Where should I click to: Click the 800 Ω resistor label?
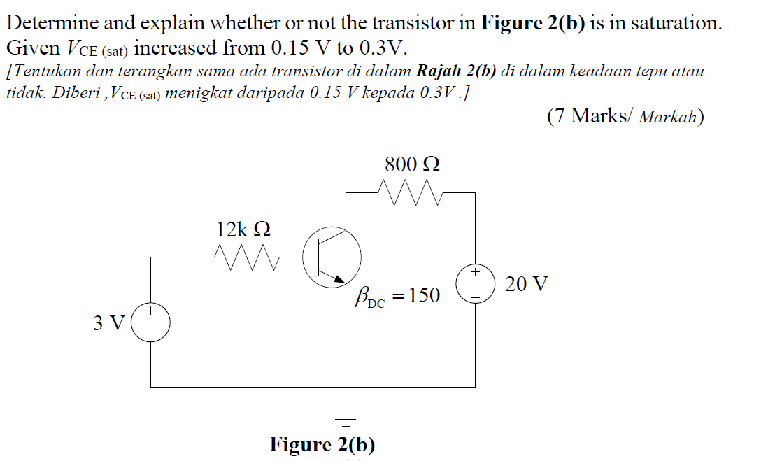pos(412,165)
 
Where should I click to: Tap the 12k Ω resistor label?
pos(243,229)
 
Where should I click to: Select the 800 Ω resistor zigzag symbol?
pos(412,190)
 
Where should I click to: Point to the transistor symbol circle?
pos(332,257)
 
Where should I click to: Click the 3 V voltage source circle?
pos(150,322)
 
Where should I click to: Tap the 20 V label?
pos(526,285)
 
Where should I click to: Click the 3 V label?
pos(108,323)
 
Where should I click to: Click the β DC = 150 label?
pos(397,297)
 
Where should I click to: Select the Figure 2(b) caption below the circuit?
pos(322,445)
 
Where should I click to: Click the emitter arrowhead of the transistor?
pos(341,280)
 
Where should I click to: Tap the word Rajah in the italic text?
pos(438,71)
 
